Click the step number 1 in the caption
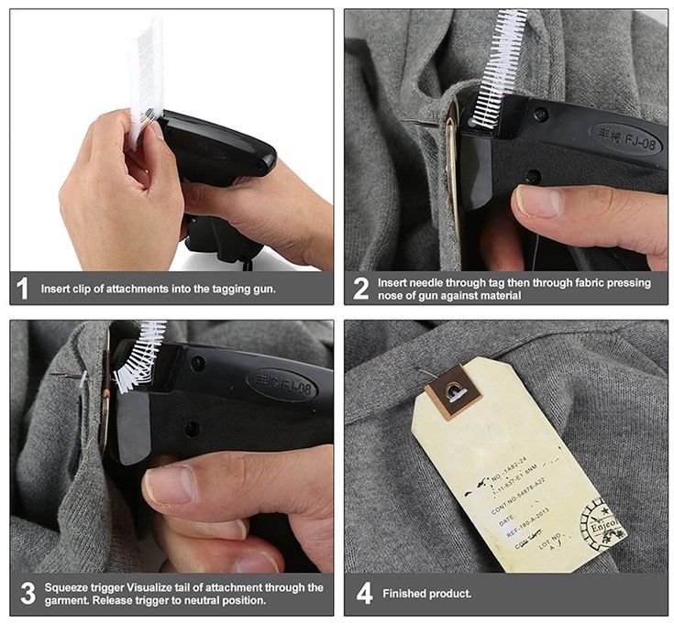(x=23, y=290)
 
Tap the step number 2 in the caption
(x=361, y=290)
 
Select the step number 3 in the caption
(x=25, y=594)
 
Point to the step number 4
(x=363, y=594)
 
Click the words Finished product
(x=426, y=594)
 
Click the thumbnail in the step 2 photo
(x=538, y=201)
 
